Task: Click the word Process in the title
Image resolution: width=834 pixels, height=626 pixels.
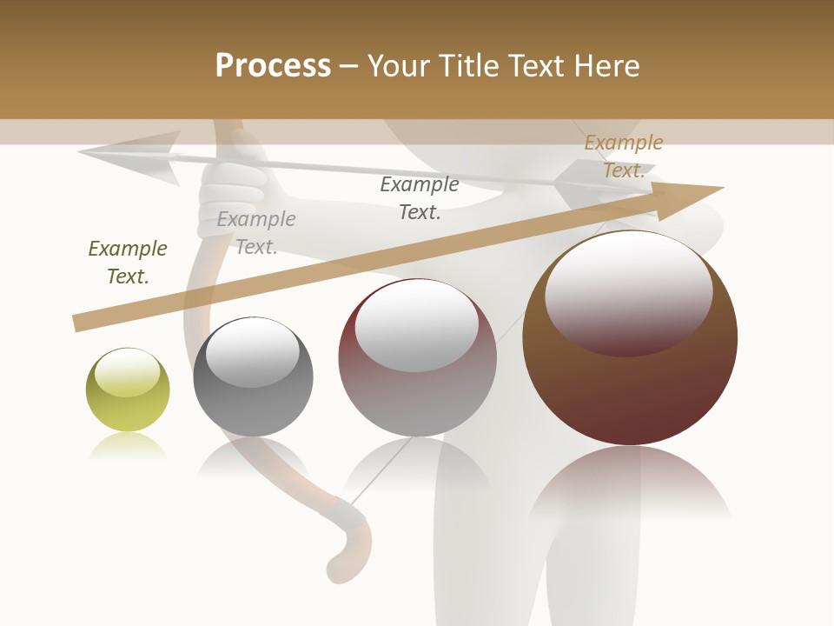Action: click(x=273, y=66)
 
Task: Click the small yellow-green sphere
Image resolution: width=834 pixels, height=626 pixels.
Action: click(x=128, y=390)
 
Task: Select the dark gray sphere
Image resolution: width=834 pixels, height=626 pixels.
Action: click(x=253, y=377)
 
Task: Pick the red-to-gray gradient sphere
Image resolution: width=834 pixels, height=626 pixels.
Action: click(x=417, y=358)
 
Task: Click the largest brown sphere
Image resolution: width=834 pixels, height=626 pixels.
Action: click(x=630, y=339)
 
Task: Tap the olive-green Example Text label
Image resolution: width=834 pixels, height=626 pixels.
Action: click(x=128, y=263)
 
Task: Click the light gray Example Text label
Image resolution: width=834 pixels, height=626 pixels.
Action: click(x=256, y=233)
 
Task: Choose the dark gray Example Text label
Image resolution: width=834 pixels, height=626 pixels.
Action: click(x=420, y=198)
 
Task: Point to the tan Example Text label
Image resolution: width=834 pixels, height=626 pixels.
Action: click(x=623, y=156)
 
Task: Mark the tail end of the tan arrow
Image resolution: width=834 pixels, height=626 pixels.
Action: click(x=76, y=323)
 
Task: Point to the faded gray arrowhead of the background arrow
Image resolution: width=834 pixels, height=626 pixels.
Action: click(x=130, y=156)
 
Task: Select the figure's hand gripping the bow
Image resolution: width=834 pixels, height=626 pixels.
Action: click(x=233, y=196)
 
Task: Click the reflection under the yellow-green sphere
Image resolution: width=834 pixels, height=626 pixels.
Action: click(x=128, y=447)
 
